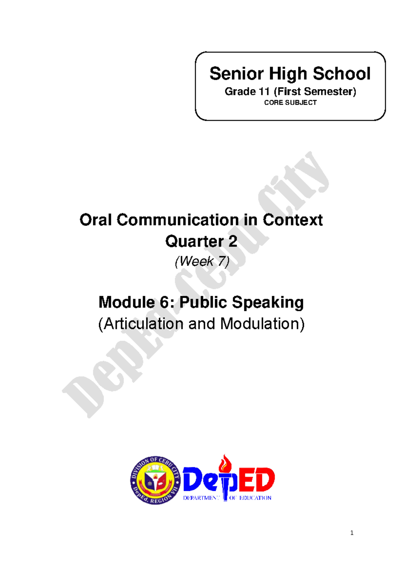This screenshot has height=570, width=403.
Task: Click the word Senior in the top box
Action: coord(237,74)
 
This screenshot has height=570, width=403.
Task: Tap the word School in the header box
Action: coord(342,74)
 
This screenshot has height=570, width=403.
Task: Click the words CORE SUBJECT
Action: coord(290,103)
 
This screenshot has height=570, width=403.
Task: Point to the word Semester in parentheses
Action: coord(330,92)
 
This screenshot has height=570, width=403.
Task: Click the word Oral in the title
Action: coord(96,220)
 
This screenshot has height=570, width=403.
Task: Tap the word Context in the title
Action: coord(293,220)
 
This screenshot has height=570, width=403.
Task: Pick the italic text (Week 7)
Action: coord(202,261)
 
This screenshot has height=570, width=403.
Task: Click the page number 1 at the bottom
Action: coord(352,533)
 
